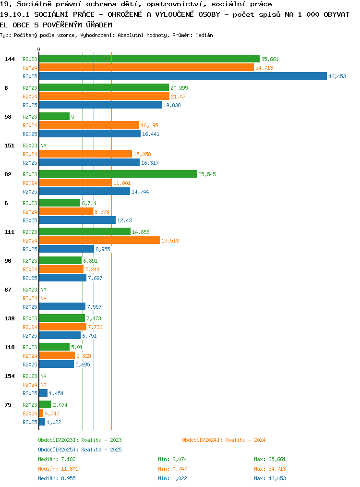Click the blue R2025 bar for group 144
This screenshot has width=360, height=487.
pos(183,76)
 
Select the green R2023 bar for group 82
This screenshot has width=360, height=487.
pos(118,174)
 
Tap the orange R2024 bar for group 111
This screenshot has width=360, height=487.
pos(99,241)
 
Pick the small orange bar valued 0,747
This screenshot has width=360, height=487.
pos(41,414)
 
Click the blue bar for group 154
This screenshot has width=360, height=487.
pos(43,393)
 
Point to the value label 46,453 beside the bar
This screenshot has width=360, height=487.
pos(337,76)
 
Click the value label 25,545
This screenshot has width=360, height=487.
pos(207,174)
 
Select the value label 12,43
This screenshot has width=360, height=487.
pos(124,220)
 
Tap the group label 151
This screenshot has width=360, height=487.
pos(9,146)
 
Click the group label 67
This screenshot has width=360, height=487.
pos(8,290)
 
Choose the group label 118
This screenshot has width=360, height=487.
pos(9,347)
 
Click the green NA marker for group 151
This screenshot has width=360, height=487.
pos(44,146)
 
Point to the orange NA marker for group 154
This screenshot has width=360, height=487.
pos(44,385)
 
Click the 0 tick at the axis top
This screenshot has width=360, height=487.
pos(38,49)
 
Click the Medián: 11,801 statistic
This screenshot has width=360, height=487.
pos(58,469)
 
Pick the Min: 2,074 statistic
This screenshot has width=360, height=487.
pos(172,459)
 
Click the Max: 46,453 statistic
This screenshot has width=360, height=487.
pos(270,479)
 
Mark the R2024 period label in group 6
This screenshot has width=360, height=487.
pos(30,212)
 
